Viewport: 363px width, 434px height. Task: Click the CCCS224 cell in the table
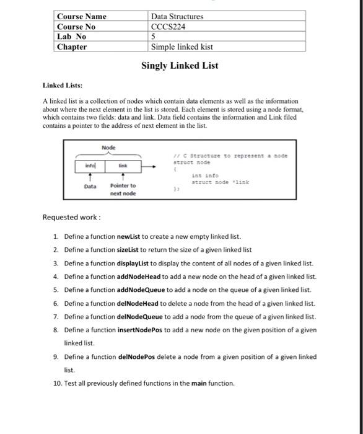(x=168, y=26)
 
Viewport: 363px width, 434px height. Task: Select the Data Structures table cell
(x=177, y=16)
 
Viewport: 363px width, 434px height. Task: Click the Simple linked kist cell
(x=182, y=46)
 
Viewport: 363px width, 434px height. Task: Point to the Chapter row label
(x=72, y=46)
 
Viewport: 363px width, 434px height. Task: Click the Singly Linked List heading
(x=180, y=65)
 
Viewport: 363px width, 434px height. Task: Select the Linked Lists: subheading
(x=63, y=86)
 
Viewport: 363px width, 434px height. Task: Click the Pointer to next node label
(x=123, y=189)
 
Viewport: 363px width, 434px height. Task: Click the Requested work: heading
(x=71, y=218)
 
